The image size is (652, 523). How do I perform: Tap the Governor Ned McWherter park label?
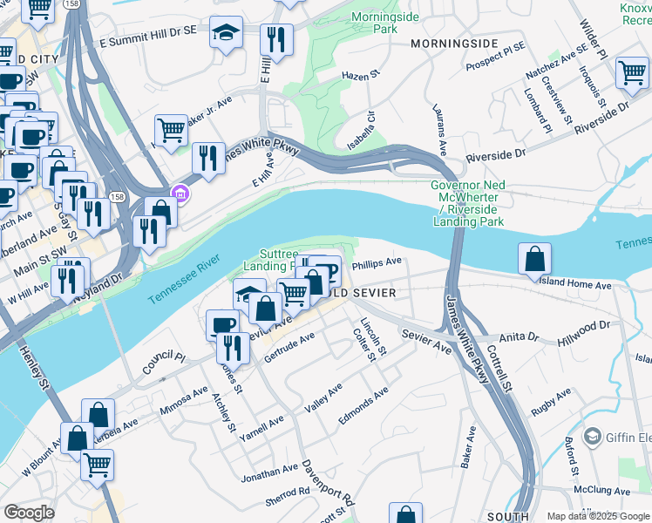(x=468, y=203)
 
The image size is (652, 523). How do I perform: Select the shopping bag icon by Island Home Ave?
(x=534, y=259)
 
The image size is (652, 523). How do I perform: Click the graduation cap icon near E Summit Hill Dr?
(x=227, y=33)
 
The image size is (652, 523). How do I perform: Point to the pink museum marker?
(x=180, y=193)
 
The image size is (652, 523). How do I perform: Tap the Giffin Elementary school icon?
(x=593, y=435)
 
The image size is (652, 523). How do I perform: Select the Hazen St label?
(x=363, y=76)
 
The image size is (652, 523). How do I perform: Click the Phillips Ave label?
(x=377, y=261)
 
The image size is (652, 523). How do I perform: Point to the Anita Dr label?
(x=520, y=336)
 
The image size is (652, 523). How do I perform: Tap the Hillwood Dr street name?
(x=587, y=329)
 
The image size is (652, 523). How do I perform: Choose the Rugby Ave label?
(x=551, y=402)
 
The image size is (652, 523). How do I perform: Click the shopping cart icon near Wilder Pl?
(x=632, y=72)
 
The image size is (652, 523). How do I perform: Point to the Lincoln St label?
(x=377, y=338)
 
